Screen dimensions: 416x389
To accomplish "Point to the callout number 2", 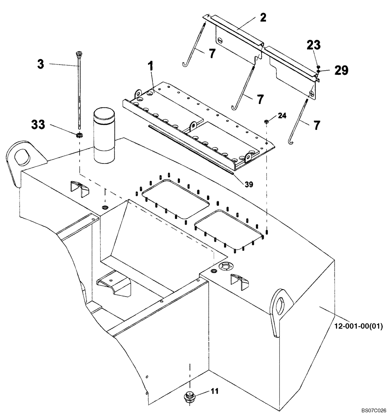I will click(263, 17).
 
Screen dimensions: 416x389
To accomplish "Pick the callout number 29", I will click(341, 71).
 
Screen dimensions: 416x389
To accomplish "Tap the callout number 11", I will click(215, 391).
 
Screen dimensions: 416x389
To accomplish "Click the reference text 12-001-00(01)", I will click(358, 326).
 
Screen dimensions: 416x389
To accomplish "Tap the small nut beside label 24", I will click(266, 121).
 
